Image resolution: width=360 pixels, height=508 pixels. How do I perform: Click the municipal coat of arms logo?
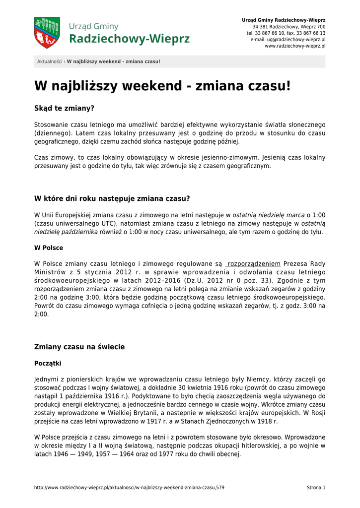[47, 32]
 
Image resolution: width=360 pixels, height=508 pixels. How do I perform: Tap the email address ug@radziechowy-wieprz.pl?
[295, 39]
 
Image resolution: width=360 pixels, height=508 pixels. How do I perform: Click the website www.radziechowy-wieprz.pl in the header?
[295, 46]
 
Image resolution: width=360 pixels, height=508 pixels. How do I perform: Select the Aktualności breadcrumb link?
[50, 62]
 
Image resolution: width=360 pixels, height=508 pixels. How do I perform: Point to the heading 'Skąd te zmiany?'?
[64, 108]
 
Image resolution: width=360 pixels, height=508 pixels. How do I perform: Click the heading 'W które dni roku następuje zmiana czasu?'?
[112, 199]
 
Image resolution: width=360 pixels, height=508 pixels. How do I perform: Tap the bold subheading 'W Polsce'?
[49, 248]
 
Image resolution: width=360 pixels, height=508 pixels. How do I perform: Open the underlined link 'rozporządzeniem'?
[254, 263]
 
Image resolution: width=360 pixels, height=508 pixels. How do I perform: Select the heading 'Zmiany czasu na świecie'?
[79, 347]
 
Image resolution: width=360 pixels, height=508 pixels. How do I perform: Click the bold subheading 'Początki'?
[48, 363]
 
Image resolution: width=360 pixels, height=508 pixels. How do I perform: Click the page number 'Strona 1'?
[316, 488]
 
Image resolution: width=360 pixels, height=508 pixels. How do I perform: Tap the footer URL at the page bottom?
[129, 488]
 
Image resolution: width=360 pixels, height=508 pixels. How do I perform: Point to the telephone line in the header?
[286, 33]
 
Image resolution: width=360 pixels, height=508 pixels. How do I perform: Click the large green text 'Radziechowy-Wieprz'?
[129, 39]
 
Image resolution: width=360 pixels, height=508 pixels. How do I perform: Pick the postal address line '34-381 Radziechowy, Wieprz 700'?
[289, 26]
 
